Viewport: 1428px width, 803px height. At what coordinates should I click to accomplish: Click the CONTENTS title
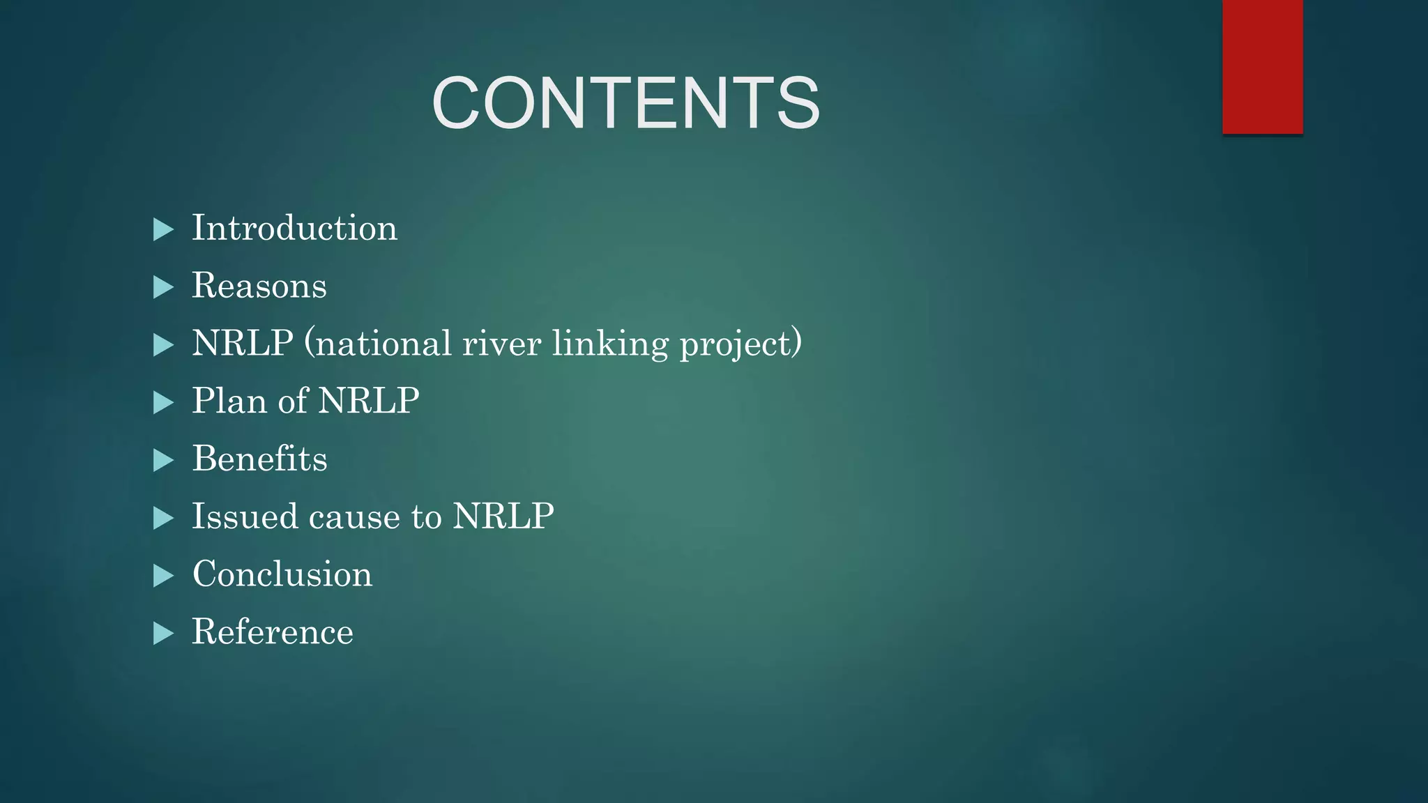coord(625,103)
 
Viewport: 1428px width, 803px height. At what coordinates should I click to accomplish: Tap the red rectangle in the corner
coord(1262,67)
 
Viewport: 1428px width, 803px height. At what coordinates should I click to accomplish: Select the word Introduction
coord(294,228)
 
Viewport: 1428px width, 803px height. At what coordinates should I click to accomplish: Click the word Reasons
coord(259,286)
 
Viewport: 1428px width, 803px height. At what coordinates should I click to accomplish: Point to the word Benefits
coord(259,459)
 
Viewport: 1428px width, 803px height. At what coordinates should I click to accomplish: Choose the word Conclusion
coord(282,574)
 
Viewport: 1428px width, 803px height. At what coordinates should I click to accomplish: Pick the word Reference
coord(273,632)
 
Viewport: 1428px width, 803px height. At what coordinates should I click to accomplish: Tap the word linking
coord(610,344)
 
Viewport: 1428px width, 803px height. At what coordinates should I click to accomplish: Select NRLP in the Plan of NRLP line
coord(369,401)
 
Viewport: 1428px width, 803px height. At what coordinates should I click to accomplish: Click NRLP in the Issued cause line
coord(503,517)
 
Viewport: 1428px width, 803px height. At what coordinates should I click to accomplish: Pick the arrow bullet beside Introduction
coord(162,229)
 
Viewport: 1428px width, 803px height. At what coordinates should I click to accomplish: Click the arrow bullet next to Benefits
coord(162,460)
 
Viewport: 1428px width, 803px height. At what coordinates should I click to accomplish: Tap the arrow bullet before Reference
coord(162,634)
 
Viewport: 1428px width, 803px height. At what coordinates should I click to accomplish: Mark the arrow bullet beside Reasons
coord(162,287)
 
